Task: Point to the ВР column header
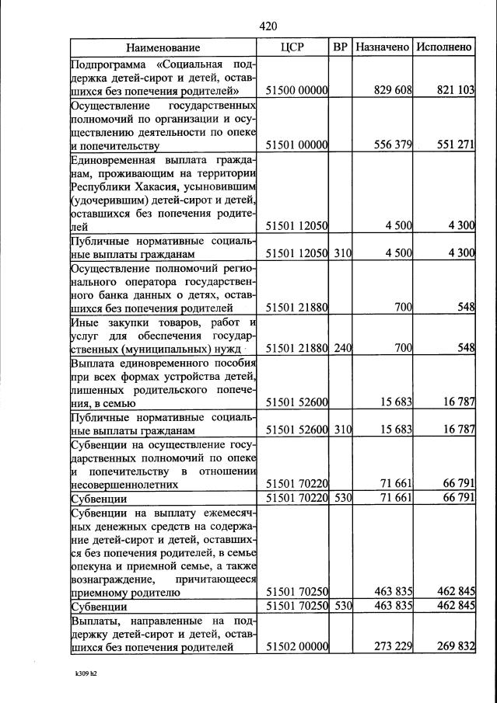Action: [x=340, y=47]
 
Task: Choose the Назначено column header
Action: [x=382, y=47]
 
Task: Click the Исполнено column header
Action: [x=444, y=47]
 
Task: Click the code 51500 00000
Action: [x=297, y=91]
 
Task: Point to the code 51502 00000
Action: [x=297, y=646]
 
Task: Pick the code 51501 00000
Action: [x=297, y=144]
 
